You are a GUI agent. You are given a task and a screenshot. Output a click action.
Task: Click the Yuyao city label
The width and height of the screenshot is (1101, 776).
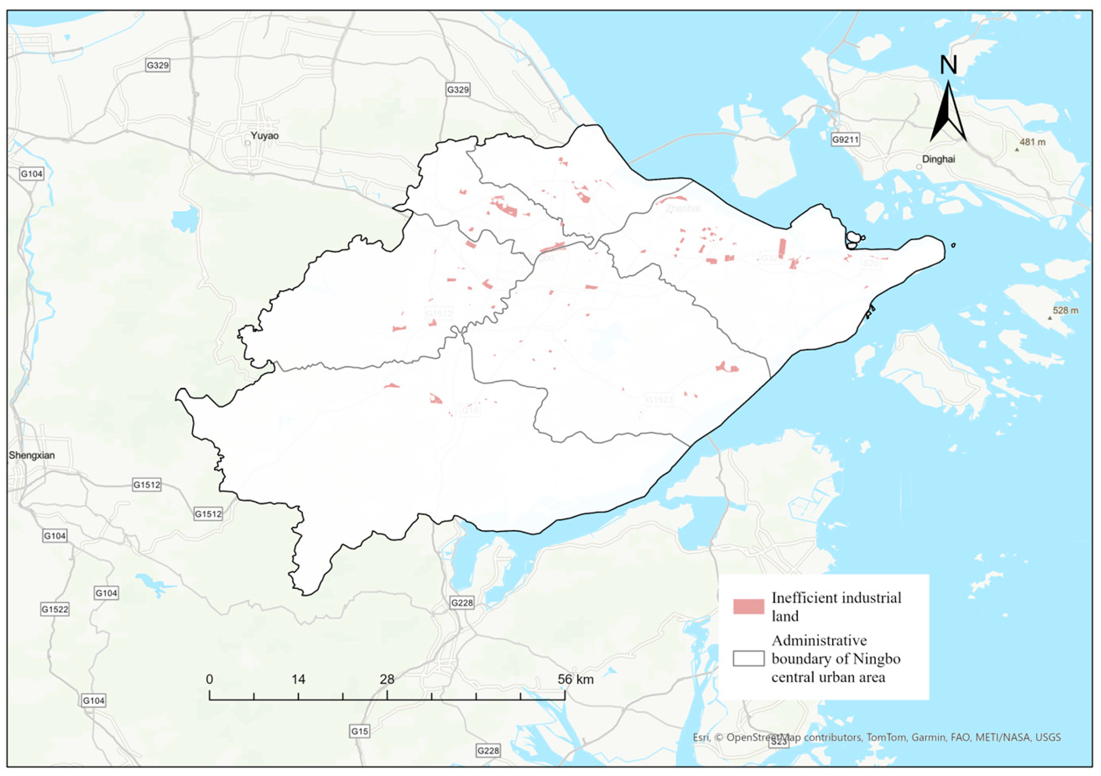(x=264, y=136)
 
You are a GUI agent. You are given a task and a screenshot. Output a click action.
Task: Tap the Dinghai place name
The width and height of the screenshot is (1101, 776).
(x=938, y=159)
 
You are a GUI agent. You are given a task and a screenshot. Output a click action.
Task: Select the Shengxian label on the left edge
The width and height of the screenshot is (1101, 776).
(x=32, y=455)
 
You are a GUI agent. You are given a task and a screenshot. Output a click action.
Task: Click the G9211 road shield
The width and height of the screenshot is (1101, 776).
(x=846, y=139)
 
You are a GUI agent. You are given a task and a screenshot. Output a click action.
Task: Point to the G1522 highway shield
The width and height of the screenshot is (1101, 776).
(x=55, y=609)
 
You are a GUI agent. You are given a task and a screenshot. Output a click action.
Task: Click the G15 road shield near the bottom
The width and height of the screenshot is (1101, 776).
(x=359, y=731)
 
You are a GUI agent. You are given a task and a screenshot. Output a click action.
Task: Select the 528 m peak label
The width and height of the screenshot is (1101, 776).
(x=1065, y=310)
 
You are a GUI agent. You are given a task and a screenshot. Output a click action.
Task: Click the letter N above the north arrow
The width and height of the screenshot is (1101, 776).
(x=948, y=65)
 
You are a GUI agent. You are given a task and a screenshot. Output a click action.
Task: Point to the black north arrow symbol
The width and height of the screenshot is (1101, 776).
(x=948, y=113)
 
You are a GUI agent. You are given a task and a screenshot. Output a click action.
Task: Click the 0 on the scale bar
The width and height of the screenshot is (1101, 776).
(x=209, y=679)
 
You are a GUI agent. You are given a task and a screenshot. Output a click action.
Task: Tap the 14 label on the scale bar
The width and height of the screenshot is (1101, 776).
(x=298, y=679)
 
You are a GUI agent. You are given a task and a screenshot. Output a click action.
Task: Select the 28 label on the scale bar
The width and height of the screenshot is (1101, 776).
(x=387, y=679)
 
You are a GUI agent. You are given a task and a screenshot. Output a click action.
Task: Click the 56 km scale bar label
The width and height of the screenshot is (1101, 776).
(x=575, y=679)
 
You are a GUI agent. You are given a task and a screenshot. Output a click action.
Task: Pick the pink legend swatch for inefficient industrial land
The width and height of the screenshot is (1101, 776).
(x=748, y=606)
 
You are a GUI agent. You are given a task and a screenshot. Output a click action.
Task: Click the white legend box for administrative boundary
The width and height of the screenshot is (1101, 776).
(x=748, y=658)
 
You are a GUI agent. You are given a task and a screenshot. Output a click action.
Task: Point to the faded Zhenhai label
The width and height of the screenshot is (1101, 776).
(x=683, y=208)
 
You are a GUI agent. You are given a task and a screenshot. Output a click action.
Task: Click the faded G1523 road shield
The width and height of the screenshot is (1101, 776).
(x=659, y=399)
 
